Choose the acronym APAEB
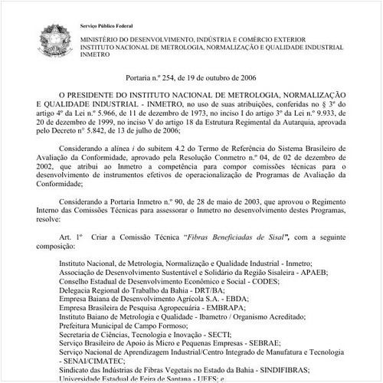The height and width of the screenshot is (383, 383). click(309, 271)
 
